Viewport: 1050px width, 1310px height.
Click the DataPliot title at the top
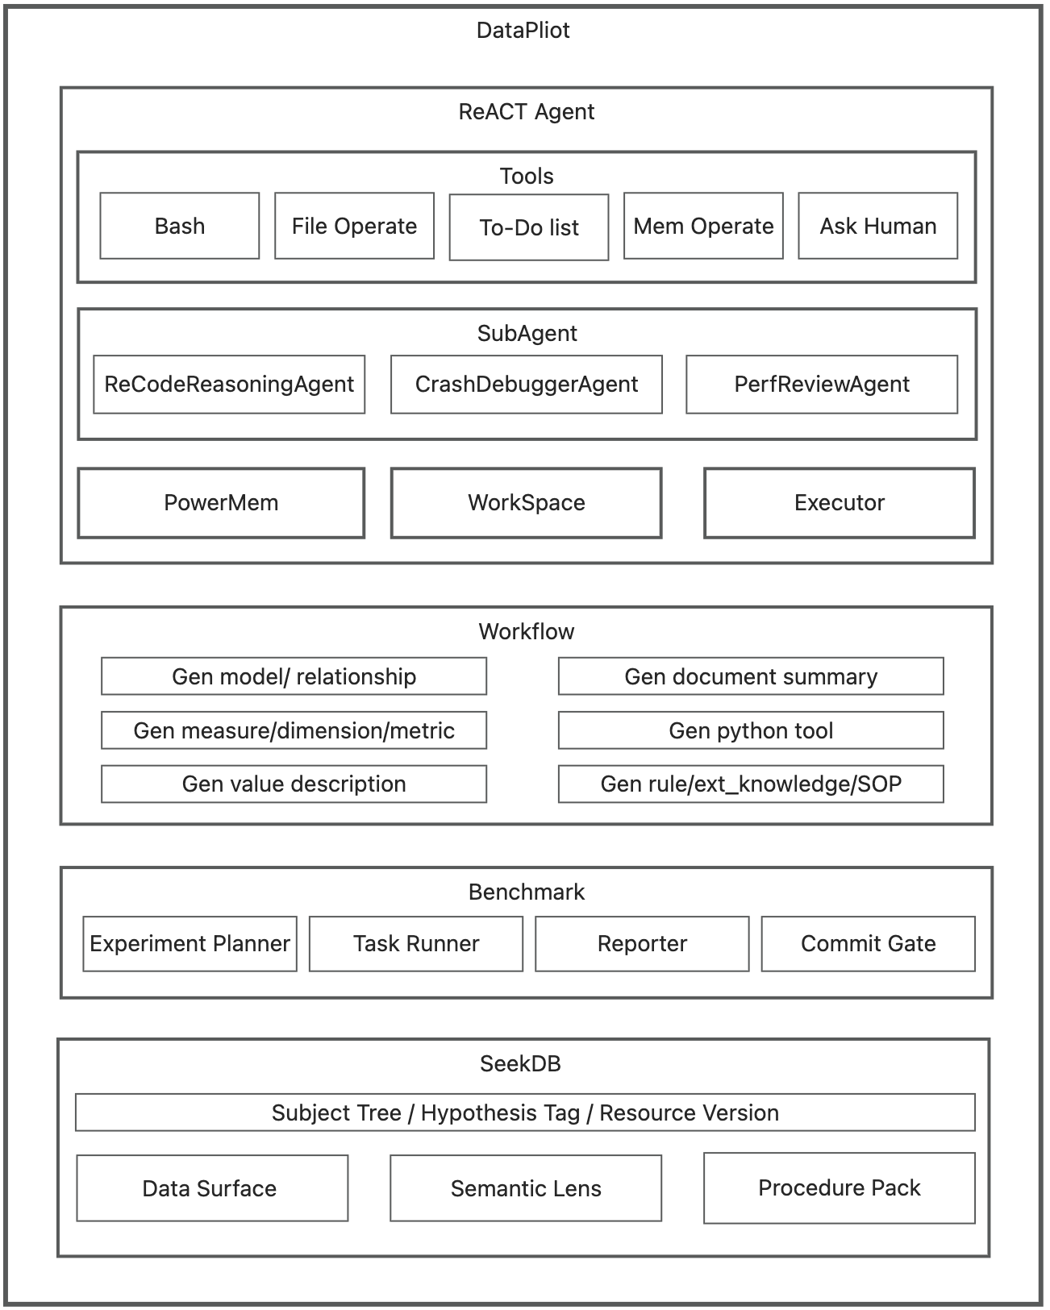(x=523, y=31)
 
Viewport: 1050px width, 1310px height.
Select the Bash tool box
(x=179, y=226)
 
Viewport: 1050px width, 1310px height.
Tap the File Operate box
(x=354, y=226)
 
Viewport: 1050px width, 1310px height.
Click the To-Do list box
(x=528, y=227)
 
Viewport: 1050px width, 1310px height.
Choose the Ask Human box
(x=877, y=226)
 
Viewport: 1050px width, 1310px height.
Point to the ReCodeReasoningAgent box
(x=229, y=384)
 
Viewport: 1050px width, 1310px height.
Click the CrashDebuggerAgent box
(x=526, y=384)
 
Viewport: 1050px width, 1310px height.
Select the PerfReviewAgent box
(x=821, y=384)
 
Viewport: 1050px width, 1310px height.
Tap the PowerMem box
(x=221, y=502)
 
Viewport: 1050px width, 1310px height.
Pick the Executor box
(x=839, y=502)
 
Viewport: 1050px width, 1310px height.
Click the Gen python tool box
(x=750, y=730)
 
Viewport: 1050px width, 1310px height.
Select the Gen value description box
(x=294, y=784)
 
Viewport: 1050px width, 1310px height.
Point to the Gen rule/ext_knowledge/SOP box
(x=750, y=784)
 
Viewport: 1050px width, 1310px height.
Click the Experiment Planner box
(x=190, y=943)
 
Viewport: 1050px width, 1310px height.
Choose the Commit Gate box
(x=868, y=943)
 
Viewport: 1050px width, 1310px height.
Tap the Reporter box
(x=642, y=943)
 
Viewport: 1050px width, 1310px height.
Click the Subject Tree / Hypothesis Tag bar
(x=524, y=1112)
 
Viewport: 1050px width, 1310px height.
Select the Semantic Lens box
(x=526, y=1188)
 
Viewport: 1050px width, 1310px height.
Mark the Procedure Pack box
(x=839, y=1187)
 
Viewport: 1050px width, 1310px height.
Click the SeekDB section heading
(x=520, y=1063)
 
